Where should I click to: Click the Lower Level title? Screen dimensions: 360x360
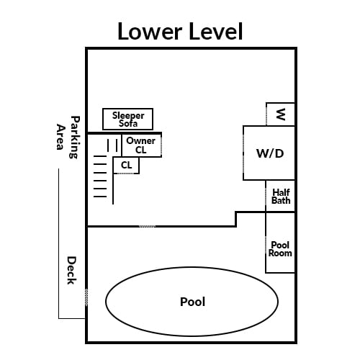pos(180,32)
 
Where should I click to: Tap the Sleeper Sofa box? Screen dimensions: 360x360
pos(127,119)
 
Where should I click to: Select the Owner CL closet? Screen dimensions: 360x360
pos(142,145)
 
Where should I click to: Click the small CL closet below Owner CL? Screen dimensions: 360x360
pos(126,165)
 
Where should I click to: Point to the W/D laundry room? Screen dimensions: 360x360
pos(269,153)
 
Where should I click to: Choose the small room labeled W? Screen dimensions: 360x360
pos(281,114)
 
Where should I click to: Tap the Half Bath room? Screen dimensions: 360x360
pos(281,196)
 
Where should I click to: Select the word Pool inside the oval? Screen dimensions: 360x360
pos(192,302)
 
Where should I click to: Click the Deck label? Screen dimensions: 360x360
pos(71,270)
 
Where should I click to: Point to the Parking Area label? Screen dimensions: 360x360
pos(68,137)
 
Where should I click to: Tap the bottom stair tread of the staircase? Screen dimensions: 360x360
pos(100,197)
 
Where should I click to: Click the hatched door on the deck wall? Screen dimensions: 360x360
pos(86,297)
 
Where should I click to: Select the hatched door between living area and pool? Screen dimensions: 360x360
pos(147,226)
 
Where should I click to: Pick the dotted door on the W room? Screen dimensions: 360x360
pos(266,115)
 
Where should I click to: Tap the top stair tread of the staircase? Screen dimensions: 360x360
pos(100,156)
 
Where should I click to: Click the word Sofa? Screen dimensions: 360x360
pos(128,124)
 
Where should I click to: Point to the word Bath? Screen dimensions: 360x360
pos(281,200)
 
